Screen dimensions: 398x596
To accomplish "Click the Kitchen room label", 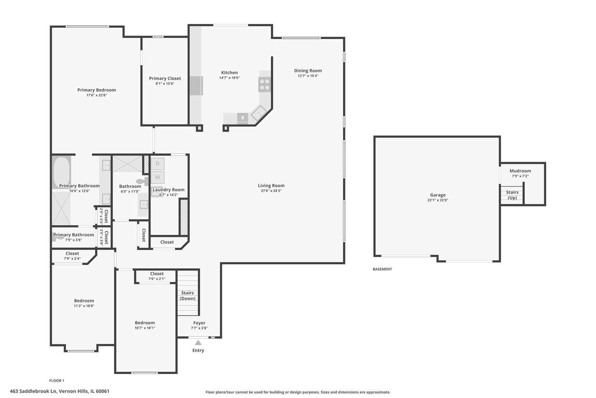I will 229,73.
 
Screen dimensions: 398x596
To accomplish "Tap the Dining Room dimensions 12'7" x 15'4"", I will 308,76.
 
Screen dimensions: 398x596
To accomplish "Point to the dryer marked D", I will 157,164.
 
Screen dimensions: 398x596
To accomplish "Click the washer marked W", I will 157,177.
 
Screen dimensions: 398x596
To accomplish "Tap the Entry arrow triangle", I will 198,343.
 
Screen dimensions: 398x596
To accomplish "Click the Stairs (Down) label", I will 187,296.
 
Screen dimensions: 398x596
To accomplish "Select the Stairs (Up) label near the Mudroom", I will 512,195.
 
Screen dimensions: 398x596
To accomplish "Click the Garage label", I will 437,195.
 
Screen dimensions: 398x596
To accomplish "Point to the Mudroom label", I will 520,171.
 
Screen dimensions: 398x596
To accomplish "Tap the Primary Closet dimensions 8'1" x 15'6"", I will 165,84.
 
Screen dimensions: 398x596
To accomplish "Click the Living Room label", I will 271,186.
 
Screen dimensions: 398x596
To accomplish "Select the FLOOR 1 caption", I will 57,381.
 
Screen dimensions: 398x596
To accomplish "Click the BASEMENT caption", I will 382,269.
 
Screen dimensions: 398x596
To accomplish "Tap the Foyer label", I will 199,323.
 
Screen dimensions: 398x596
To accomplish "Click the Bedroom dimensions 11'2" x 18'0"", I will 84,306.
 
